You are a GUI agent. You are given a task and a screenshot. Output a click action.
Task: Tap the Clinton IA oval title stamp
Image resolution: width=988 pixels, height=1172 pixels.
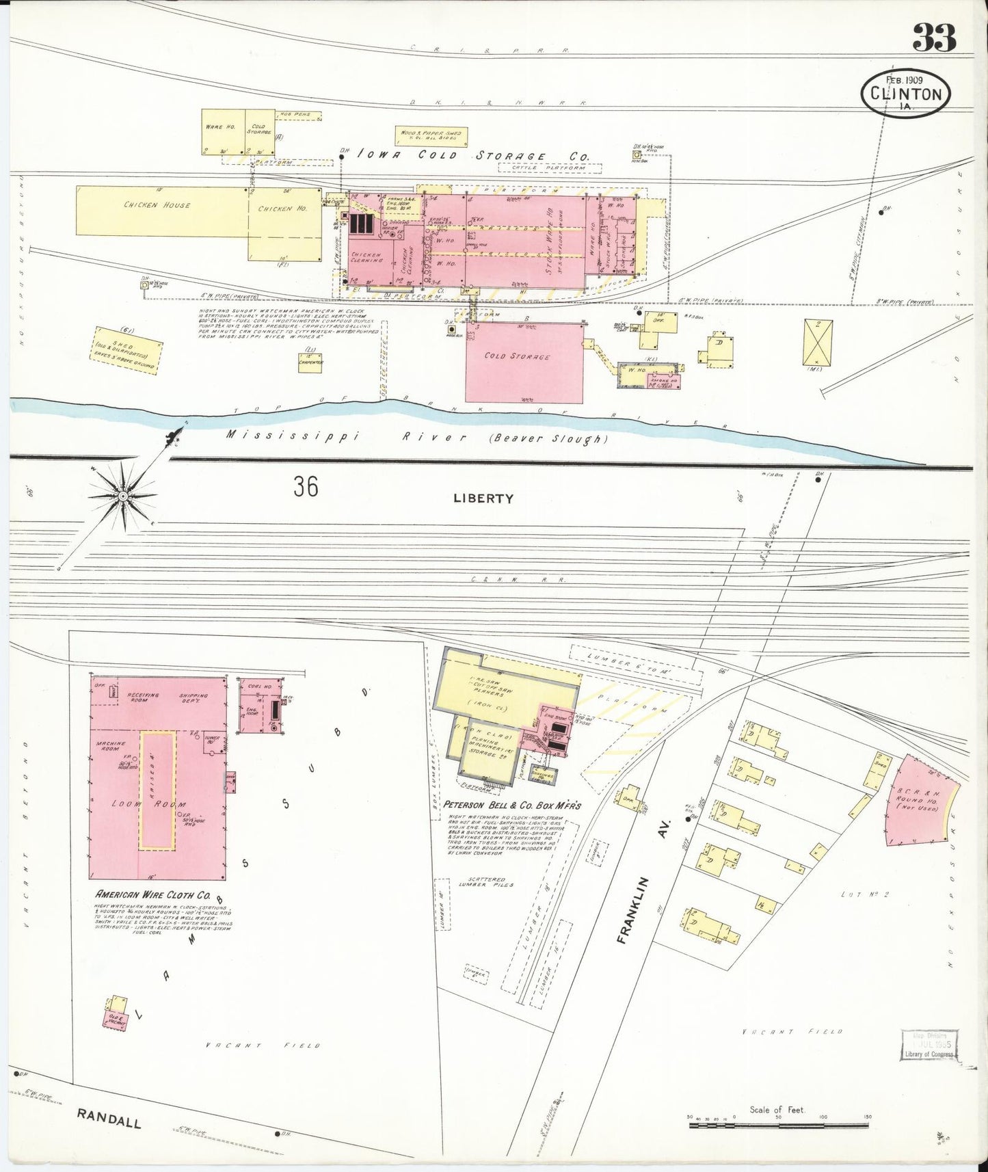point(906,93)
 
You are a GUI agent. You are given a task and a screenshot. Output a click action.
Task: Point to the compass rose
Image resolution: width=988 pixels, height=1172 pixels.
point(122,495)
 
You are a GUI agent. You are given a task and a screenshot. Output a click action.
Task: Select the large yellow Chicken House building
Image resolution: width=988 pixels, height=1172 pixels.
point(161,205)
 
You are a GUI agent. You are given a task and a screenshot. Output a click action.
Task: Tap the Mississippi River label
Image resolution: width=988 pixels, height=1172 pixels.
point(418,436)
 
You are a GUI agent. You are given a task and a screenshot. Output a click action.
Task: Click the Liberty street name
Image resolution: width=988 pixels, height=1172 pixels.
point(483,498)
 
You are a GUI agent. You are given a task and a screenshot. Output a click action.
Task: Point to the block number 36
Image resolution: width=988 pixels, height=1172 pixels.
point(306,487)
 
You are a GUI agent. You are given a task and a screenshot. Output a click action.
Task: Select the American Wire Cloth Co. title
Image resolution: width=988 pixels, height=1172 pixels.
point(162,894)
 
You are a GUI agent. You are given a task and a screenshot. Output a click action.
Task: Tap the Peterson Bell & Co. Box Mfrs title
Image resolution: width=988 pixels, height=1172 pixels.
point(512,805)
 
